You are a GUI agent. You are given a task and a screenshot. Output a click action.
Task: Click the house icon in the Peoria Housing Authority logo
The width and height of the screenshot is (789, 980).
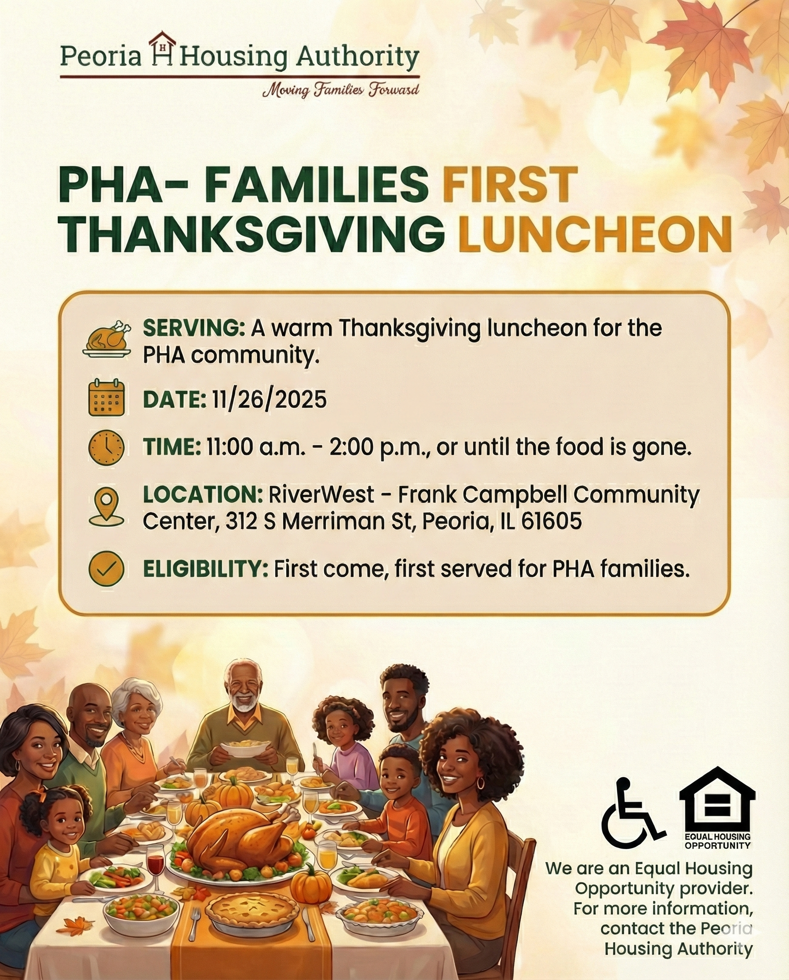click(x=163, y=48)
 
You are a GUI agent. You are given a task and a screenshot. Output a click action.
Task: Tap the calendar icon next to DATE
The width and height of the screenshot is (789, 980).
click(x=106, y=399)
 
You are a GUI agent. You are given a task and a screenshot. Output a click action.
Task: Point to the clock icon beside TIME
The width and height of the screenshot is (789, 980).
click(x=106, y=447)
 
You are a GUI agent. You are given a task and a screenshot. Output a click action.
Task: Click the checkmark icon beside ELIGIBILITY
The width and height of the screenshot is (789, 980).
click(x=106, y=568)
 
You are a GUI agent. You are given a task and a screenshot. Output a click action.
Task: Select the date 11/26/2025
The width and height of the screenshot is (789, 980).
click(x=267, y=400)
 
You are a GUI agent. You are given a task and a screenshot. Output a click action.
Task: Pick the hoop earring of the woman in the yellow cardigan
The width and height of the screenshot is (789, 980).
click(x=480, y=783)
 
